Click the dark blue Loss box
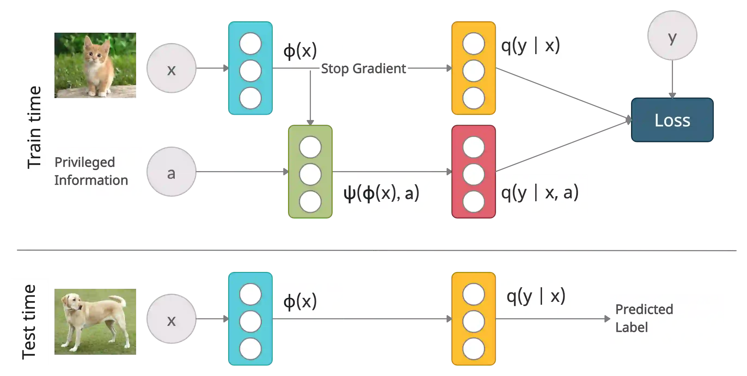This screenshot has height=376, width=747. click(672, 120)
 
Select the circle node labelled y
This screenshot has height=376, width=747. click(672, 35)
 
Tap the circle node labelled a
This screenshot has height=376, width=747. click(172, 173)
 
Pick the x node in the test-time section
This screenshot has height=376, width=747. click(172, 319)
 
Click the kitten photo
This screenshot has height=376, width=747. click(96, 65)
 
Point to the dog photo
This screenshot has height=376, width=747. click(96, 321)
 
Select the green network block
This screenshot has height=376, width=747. click(310, 172)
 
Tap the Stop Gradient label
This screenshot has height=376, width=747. click(364, 69)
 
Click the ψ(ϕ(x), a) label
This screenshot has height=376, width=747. click(382, 193)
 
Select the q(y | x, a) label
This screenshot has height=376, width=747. click(541, 193)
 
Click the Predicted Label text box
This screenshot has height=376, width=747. click(666, 318)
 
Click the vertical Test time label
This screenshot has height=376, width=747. click(29, 322)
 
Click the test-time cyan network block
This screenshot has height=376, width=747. click(250, 319)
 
